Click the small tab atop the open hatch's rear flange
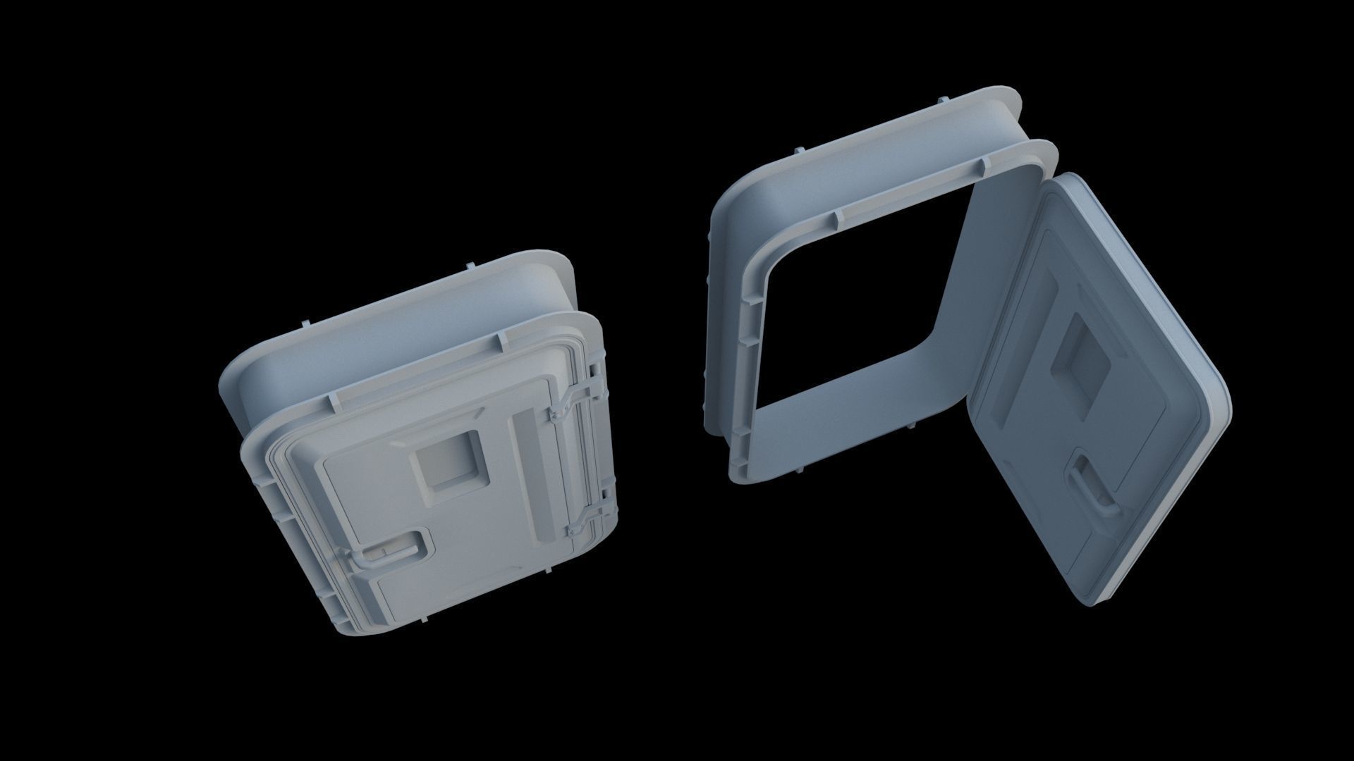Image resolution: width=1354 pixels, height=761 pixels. click(797, 151)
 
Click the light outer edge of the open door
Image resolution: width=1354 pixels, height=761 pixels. click(1192, 437)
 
